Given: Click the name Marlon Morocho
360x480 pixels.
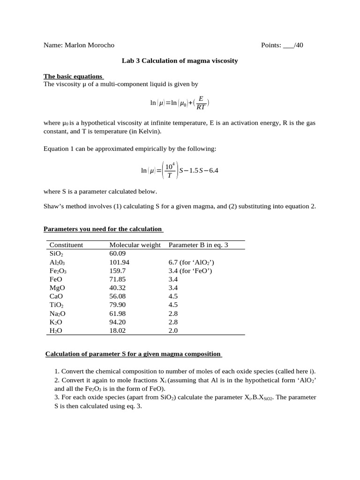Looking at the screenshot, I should (89, 45).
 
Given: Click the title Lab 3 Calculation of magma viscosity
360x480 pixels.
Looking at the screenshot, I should (180, 61).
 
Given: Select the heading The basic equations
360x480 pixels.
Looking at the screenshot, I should (73, 76).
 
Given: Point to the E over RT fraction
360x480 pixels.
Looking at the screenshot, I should (201, 103).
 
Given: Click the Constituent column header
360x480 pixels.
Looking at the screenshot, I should (66, 245).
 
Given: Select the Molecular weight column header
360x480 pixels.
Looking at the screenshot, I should (135, 245).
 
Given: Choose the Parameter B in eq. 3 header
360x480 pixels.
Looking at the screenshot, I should (198, 245).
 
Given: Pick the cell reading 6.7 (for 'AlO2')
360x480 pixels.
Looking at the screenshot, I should (191, 262).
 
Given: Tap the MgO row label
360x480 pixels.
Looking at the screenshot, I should (57, 288).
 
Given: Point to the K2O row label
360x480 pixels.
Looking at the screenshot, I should (56, 322).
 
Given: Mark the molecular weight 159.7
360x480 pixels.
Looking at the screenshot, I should (118, 271).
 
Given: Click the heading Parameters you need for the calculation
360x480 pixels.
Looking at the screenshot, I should (103, 229).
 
